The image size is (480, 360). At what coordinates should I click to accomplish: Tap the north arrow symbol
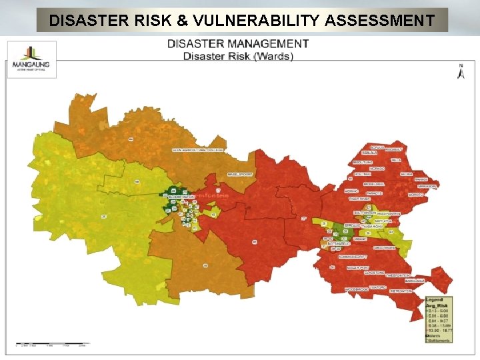[x=461, y=72]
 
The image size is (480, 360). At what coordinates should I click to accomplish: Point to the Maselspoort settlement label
[x=241, y=174]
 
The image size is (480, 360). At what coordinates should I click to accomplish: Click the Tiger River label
[x=360, y=198]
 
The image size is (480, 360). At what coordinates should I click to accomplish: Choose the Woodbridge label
[x=357, y=289]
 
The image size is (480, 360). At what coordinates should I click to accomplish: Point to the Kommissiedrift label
[x=353, y=257]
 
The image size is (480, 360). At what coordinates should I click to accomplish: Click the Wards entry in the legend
[x=438, y=335]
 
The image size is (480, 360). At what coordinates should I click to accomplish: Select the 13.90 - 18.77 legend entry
[x=439, y=330]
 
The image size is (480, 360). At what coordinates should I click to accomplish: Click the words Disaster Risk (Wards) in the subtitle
[x=238, y=56]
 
